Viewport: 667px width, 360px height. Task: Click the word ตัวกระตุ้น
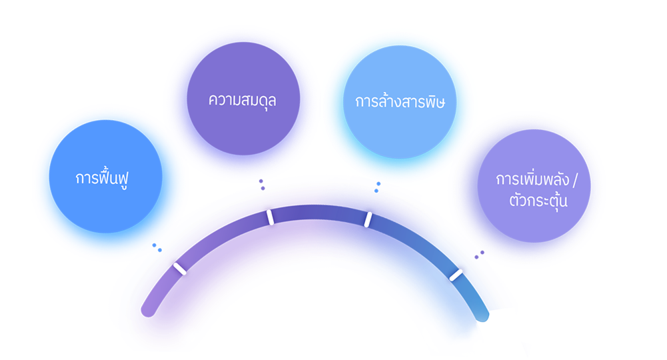[532, 199]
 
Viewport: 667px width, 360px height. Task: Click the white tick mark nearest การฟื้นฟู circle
[179, 269]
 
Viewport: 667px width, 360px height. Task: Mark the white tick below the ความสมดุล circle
[270, 217]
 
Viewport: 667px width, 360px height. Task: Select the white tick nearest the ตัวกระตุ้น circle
[456, 274]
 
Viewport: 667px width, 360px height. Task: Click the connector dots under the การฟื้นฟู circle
[157, 248]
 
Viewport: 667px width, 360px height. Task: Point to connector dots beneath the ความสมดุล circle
[262, 185]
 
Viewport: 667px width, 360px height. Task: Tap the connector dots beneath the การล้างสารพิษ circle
[378, 187]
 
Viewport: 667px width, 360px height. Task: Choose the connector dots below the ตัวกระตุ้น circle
[478, 255]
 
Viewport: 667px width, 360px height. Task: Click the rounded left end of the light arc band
[148, 309]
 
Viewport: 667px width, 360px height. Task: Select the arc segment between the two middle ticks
[319, 213]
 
